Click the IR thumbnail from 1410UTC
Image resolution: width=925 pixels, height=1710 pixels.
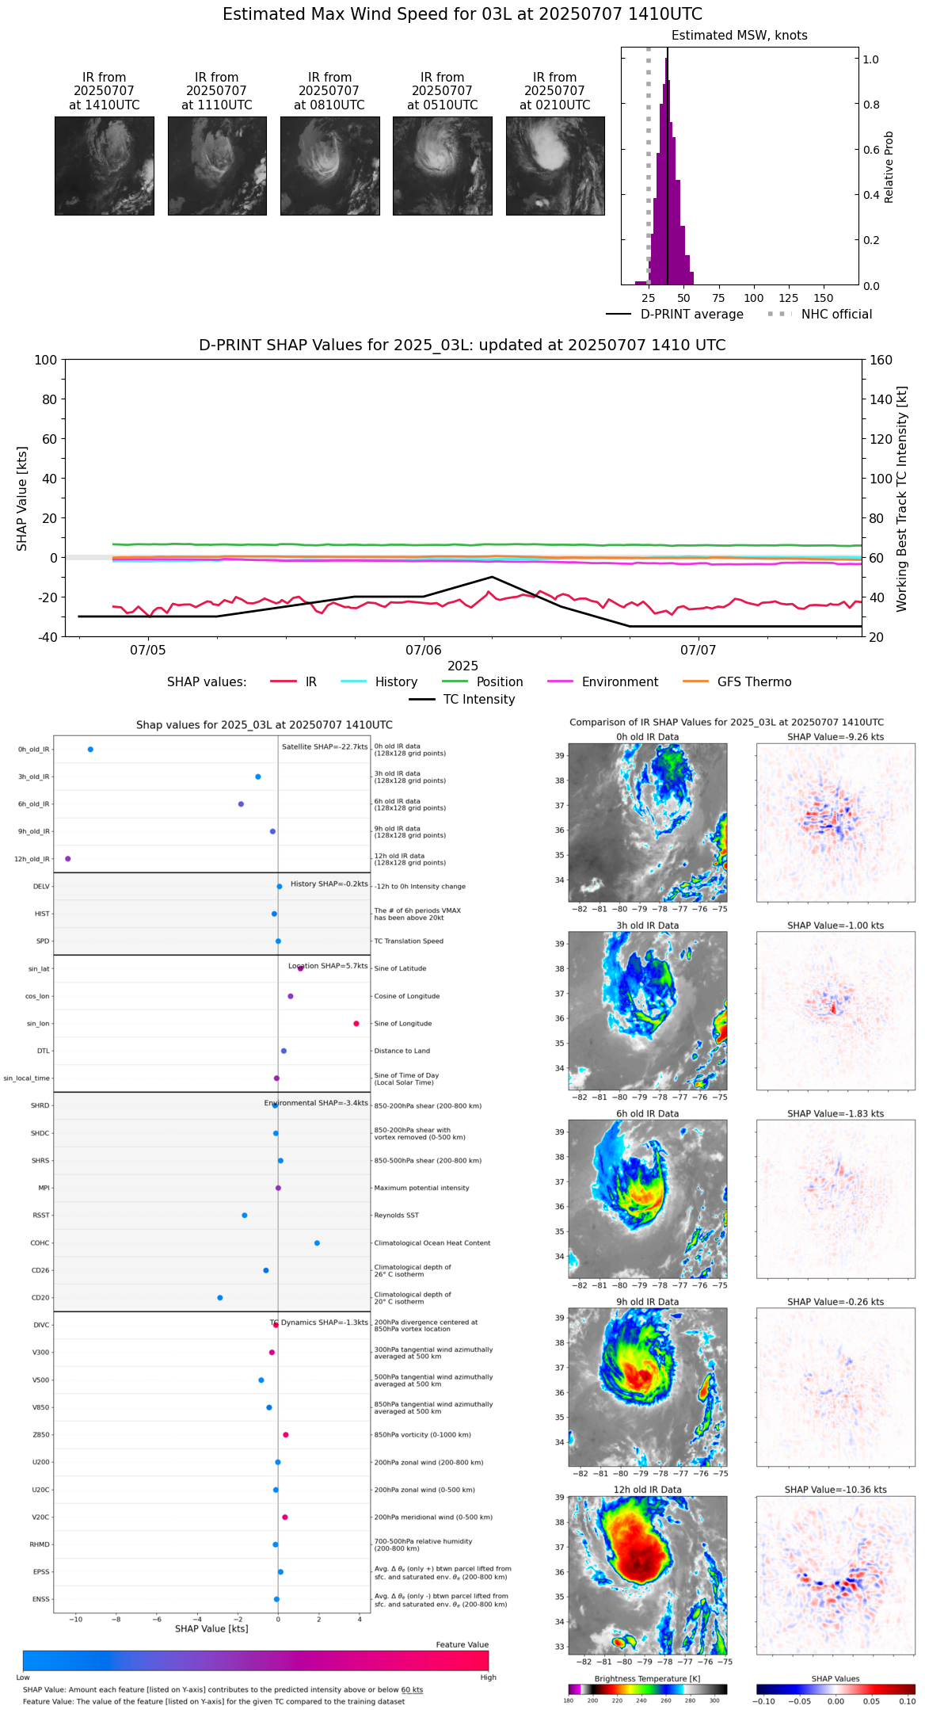point(104,166)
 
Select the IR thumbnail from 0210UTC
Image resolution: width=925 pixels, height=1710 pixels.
point(555,166)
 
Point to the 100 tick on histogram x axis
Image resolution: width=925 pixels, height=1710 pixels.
point(753,298)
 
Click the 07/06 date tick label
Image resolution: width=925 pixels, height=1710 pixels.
point(424,651)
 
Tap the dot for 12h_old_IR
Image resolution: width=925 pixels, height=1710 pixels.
point(68,859)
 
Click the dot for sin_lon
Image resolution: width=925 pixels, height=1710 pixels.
point(356,1024)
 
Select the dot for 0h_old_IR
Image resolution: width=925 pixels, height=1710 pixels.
point(90,750)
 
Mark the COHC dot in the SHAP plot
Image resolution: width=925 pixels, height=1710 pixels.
point(317,1243)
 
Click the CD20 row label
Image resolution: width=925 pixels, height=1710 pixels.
point(40,1298)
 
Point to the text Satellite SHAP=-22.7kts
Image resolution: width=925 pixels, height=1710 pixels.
point(325,747)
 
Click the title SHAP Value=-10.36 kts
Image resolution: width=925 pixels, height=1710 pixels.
point(836,1490)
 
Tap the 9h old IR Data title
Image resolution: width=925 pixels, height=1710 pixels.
point(647,1302)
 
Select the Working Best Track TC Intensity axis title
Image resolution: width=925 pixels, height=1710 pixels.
point(902,499)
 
